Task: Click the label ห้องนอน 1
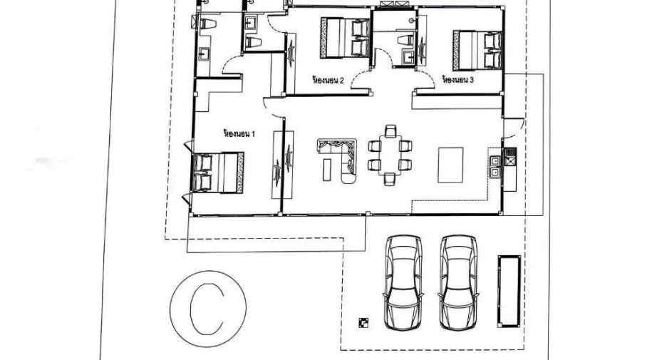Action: (239, 133)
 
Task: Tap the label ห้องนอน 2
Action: (328, 80)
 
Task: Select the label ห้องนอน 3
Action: (458, 80)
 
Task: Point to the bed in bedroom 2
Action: (346, 38)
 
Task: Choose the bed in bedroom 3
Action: (477, 50)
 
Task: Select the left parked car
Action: (403, 282)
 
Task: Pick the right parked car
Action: (459, 282)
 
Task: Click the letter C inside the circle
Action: (207, 308)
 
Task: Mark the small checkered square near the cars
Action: (363, 323)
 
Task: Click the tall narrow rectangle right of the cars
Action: (510, 291)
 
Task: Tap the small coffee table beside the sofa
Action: (326, 170)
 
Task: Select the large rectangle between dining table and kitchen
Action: (450, 165)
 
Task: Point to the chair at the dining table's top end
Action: (391, 130)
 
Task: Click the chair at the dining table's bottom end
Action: (391, 178)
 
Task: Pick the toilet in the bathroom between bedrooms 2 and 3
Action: (405, 41)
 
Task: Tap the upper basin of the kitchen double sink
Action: (495, 162)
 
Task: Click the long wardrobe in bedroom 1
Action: (282, 165)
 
